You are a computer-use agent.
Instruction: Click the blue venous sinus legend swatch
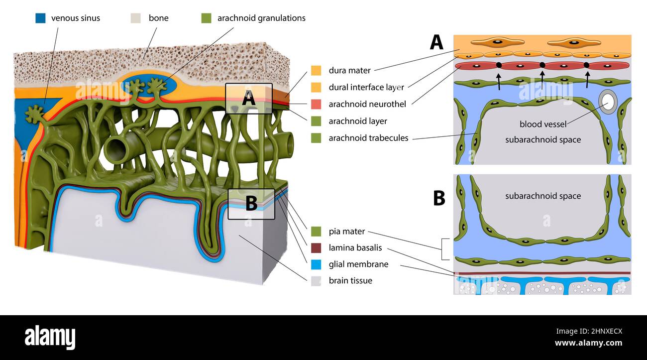pos(40,18)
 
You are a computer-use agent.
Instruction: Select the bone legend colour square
pos(136,18)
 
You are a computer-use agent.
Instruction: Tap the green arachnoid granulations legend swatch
pos(206,18)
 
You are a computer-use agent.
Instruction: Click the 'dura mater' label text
pos(349,70)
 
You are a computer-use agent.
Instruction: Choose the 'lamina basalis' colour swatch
pos(316,247)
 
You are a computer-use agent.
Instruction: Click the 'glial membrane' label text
pos(358,264)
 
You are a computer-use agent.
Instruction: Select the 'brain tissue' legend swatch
pos(316,280)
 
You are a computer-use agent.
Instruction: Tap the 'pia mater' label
pos(346,231)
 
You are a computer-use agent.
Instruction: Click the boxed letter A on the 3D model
pos(248,99)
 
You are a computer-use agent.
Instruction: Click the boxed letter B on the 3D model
pos(251,204)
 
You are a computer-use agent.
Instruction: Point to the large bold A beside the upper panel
pos(436,42)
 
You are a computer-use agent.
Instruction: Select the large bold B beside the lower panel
pos(438,198)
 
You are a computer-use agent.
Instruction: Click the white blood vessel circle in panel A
pos(607,102)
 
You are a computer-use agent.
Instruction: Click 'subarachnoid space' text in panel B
pos(542,196)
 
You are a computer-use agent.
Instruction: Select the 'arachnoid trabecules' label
pos(368,138)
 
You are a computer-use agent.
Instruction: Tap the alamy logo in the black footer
pos(50,337)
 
